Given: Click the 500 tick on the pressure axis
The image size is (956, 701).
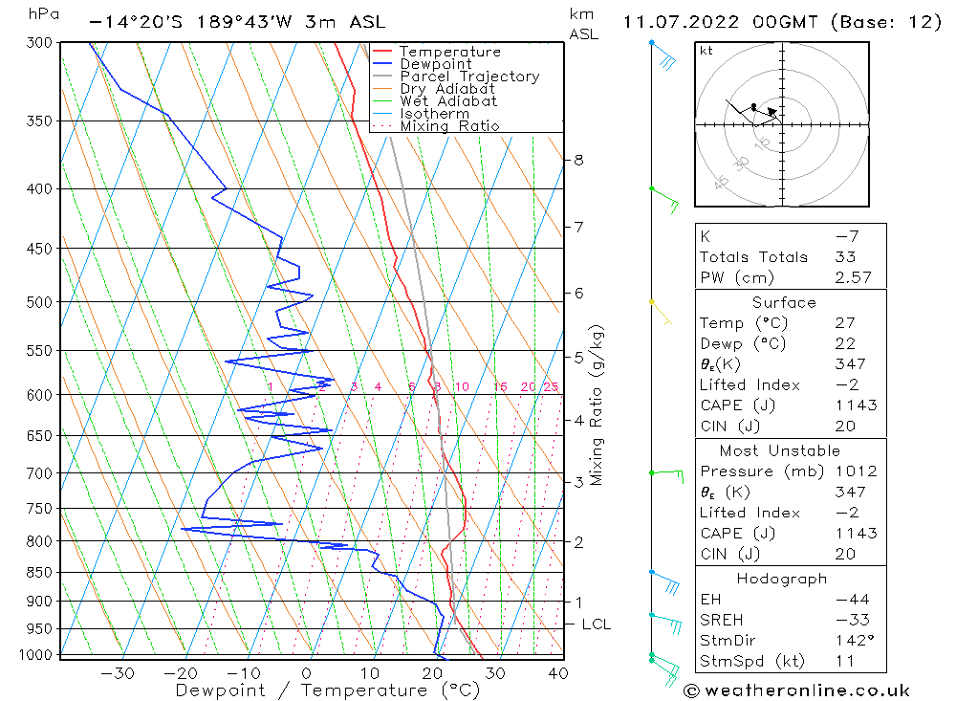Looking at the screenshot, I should (41, 302).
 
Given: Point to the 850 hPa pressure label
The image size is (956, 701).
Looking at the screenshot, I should (41, 573).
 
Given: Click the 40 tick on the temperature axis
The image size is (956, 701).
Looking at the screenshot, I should (558, 673).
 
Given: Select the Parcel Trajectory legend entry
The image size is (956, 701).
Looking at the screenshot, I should (469, 77).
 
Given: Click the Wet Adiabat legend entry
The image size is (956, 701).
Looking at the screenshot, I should (448, 101).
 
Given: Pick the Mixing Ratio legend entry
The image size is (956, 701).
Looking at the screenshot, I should (449, 125).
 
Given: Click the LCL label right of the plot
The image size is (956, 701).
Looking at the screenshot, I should (596, 624).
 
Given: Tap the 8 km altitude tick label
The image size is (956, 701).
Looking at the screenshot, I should (579, 160).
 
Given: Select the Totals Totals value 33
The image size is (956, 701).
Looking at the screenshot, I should (845, 257).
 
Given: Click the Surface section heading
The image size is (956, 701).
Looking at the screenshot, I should (784, 303).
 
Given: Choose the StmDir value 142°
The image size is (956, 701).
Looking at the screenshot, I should (850, 641).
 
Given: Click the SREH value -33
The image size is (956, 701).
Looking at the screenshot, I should (845, 620).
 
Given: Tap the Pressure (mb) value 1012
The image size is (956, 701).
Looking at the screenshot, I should (854, 471).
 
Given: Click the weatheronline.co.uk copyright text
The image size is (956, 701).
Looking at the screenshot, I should (796, 690).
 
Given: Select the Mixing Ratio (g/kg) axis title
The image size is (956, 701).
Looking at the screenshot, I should (597, 405).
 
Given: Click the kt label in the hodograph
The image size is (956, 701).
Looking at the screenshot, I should (706, 51).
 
